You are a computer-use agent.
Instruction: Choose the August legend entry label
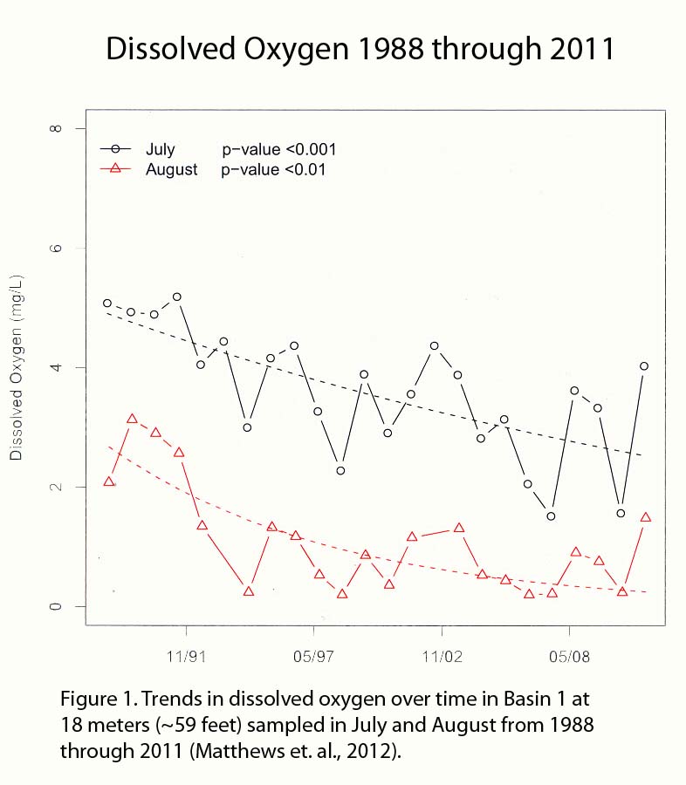[x=172, y=169]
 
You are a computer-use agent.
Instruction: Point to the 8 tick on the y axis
[x=56, y=128]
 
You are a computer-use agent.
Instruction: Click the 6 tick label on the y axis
[x=56, y=248]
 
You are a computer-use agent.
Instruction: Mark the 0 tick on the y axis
[x=56, y=606]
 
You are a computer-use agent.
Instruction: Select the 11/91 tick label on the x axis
[x=185, y=653]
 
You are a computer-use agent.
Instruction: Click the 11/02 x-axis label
[x=442, y=653]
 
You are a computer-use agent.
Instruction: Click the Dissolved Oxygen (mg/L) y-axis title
[x=16, y=366]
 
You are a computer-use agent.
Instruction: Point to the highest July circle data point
[x=177, y=297]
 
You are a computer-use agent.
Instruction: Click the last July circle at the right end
[x=644, y=366]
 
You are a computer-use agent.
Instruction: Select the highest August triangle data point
[x=132, y=419]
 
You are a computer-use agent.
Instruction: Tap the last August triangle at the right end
[x=645, y=517]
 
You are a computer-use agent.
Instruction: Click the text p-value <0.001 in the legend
[x=278, y=149]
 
